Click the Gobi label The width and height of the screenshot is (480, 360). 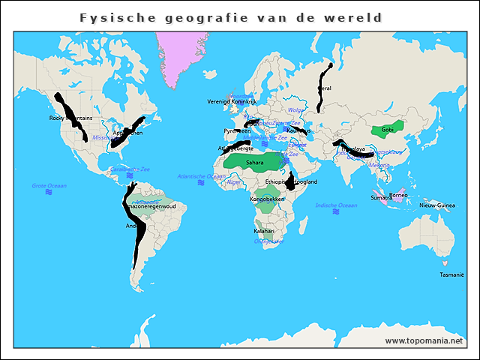coord(387,130)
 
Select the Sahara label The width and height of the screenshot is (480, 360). coord(255,161)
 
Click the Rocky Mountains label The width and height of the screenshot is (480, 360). coord(70,118)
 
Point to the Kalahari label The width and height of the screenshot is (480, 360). coord(264,231)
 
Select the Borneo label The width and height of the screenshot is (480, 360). coord(398,195)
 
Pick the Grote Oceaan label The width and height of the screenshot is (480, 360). coord(49,185)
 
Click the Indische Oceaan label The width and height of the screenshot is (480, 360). coord(336,205)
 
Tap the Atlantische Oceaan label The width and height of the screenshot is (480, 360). coord(201,176)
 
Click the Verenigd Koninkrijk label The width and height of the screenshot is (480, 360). coord(232,101)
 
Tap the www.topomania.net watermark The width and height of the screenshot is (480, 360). coord(424,340)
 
